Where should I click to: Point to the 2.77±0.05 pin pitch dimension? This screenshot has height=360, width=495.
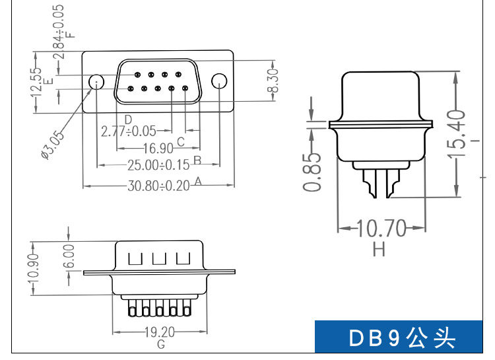pos(129,131)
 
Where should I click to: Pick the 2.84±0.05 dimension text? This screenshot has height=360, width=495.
pos(59,30)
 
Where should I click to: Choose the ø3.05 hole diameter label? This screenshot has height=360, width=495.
pos(52,145)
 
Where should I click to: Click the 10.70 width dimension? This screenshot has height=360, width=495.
pos(381,229)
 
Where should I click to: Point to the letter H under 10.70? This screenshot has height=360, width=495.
pos(379,249)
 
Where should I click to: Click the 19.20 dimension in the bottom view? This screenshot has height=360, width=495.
pos(160,332)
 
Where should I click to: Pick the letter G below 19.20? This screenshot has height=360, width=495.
pos(160,345)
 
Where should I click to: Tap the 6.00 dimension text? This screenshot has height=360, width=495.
pos(70,256)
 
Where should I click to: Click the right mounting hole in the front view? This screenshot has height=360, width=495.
pos(218,81)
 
